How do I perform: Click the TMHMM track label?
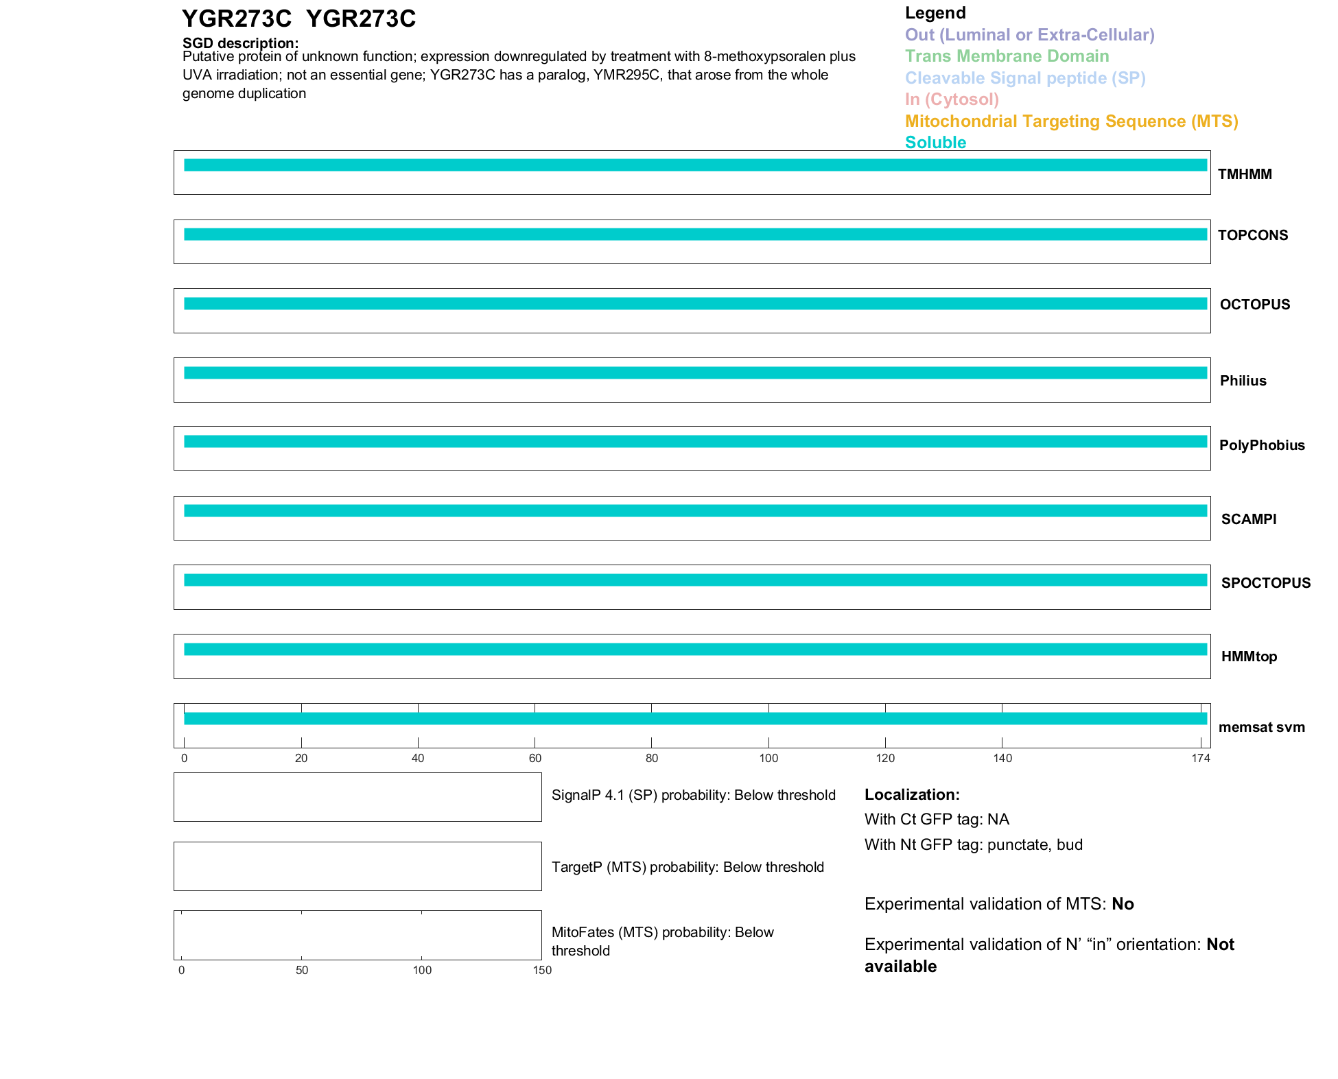(1244, 174)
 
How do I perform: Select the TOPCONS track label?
(1252, 235)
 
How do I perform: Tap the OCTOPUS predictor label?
(1254, 305)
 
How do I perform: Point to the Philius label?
(1243, 381)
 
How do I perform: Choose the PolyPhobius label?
(1261, 445)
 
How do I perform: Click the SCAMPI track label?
(1248, 519)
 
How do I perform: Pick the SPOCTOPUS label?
(1265, 583)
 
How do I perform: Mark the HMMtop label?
(1249, 656)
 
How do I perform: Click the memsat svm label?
(1261, 727)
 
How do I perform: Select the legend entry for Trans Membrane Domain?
(1007, 56)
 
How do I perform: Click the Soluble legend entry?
(935, 143)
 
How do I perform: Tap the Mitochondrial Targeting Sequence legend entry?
(1071, 121)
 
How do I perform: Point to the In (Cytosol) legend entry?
(952, 99)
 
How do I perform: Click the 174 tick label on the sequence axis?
(1200, 758)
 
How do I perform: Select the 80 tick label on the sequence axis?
(651, 758)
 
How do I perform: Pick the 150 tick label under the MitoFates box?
(542, 970)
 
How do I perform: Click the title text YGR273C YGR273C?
(298, 19)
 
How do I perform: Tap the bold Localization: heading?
(912, 795)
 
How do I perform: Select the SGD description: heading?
(240, 43)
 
